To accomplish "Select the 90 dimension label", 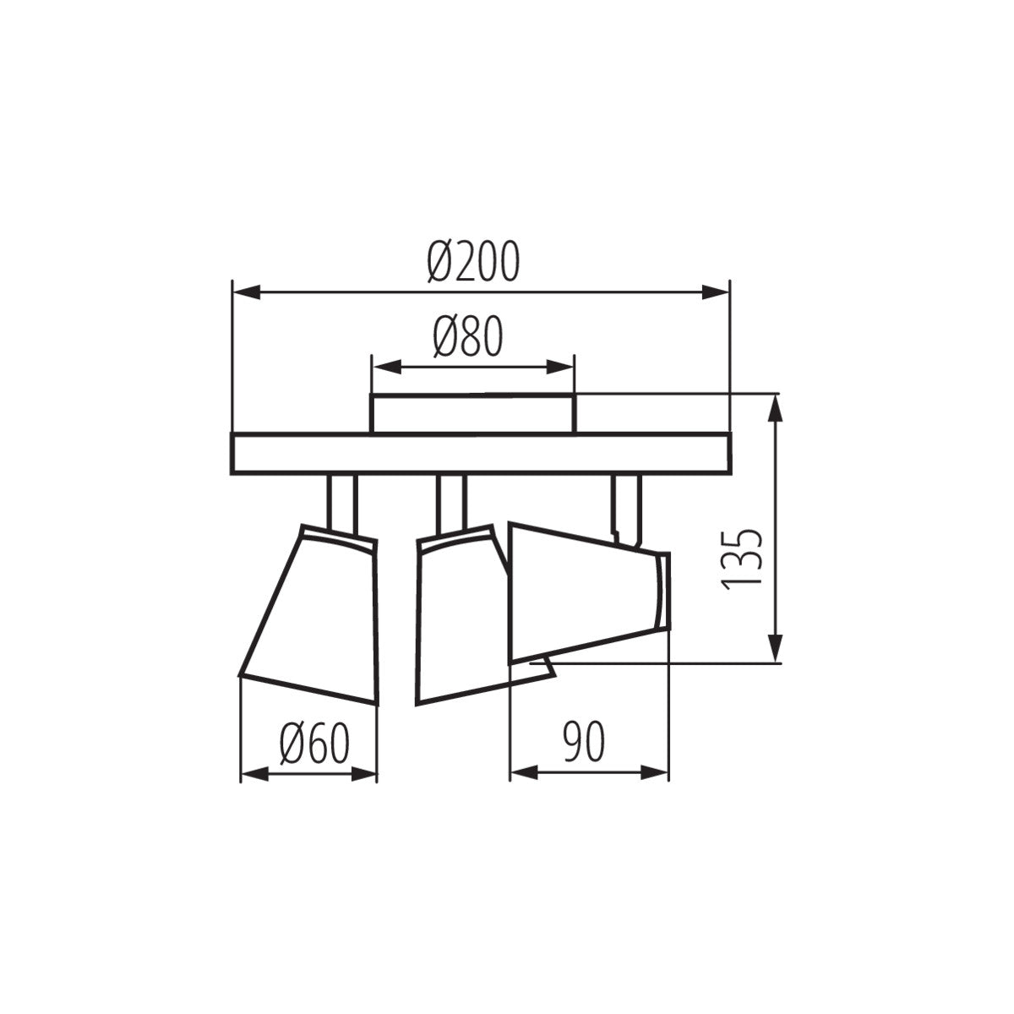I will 583,744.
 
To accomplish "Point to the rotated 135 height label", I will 743,559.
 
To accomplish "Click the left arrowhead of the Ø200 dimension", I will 245,292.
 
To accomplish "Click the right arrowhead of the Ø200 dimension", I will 716,292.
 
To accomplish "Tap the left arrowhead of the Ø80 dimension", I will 384,368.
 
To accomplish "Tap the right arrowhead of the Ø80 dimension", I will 561,368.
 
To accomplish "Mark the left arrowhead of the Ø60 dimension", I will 253,774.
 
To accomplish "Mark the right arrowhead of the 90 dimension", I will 657,772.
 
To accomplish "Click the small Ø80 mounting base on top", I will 472,414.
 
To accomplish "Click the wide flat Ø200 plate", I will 480,453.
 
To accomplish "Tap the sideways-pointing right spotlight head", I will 583,591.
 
